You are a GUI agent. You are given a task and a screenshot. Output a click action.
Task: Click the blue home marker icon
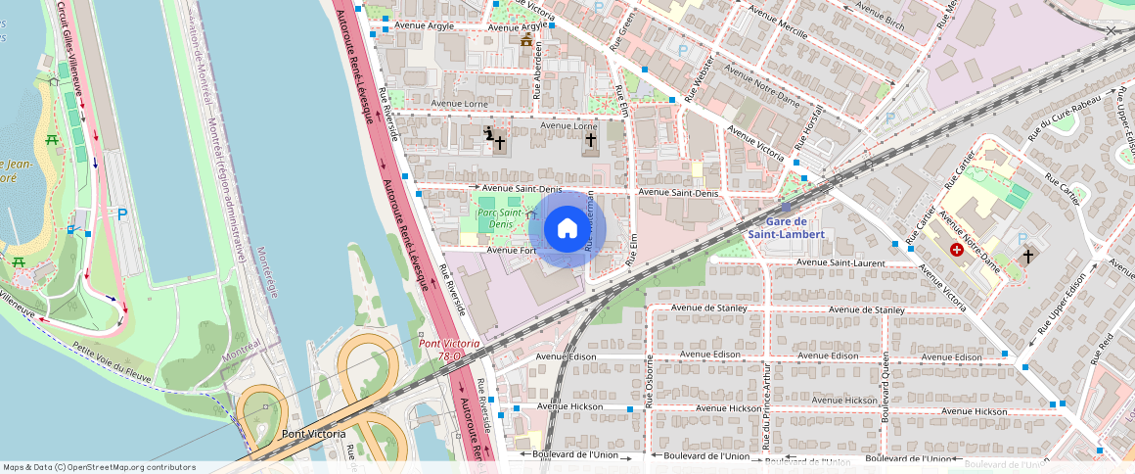(x=567, y=229)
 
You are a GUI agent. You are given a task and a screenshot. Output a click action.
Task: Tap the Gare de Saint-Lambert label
(x=787, y=228)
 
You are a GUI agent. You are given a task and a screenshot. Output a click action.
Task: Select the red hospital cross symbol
(x=956, y=251)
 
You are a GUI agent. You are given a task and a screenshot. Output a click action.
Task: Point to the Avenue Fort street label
(x=512, y=250)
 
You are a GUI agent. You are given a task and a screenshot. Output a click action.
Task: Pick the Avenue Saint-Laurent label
(x=840, y=262)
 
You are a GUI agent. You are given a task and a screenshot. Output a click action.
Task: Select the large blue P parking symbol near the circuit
(x=122, y=214)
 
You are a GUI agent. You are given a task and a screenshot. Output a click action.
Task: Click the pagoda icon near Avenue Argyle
(x=526, y=40)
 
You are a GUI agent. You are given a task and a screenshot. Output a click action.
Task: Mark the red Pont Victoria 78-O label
(x=449, y=350)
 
